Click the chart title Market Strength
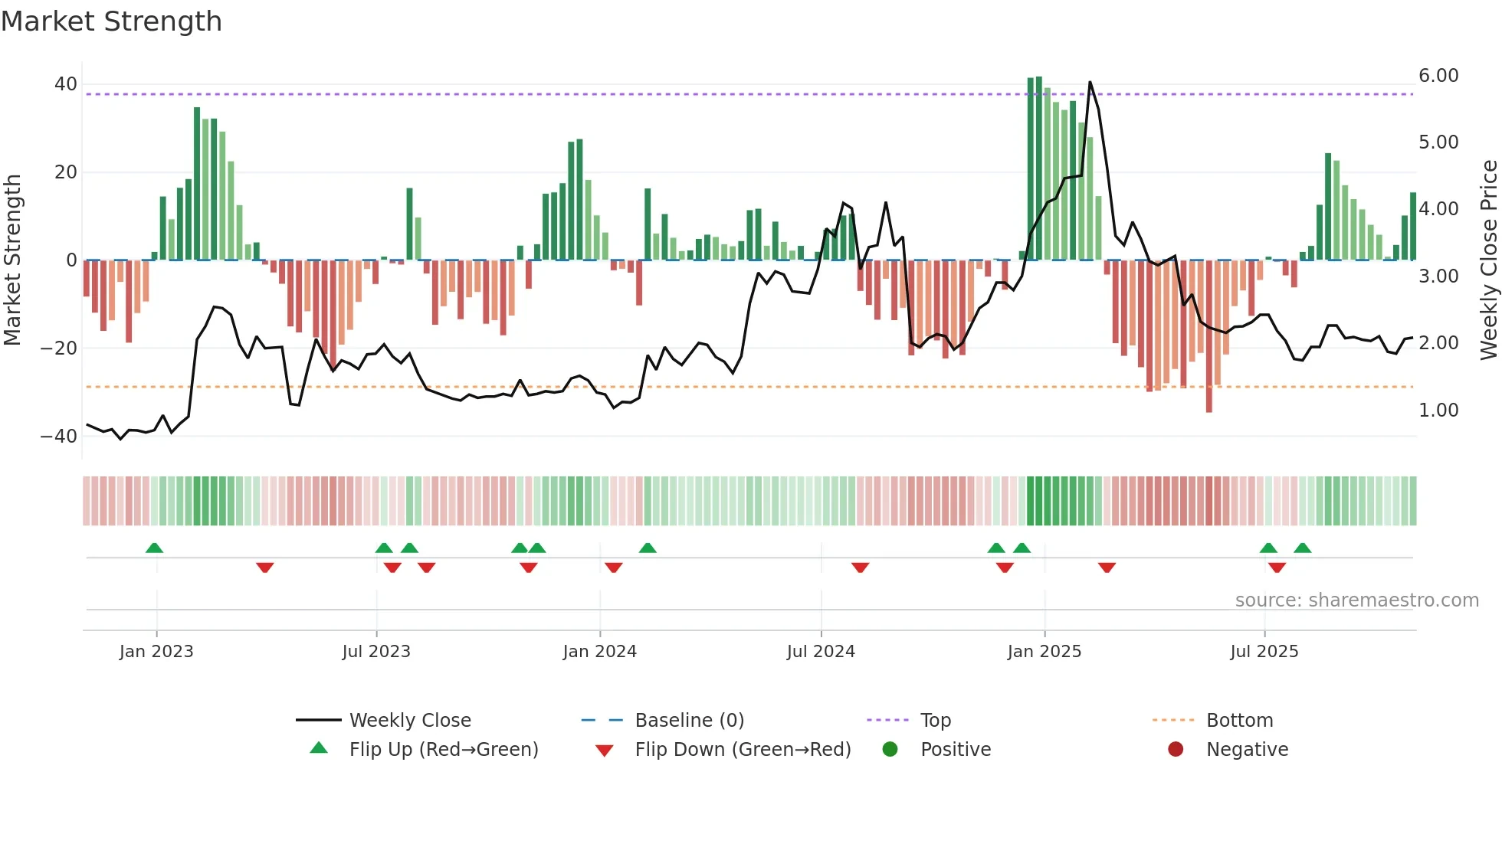coord(112,21)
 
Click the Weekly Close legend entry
coord(409,720)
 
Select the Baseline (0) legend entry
coord(689,720)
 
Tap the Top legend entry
coord(935,720)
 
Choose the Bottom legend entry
coord(1239,720)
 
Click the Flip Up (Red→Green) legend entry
coord(443,749)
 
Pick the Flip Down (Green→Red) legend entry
coord(743,749)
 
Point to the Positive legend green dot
coord(890,749)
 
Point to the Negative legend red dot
coord(1176,749)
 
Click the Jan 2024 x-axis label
coord(599,652)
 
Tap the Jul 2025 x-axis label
coord(1264,652)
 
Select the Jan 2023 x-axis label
coord(156,652)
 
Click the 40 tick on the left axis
coord(66,84)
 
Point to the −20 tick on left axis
coord(59,348)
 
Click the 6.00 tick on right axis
coord(1438,76)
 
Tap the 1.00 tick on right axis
coord(1438,411)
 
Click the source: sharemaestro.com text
coord(1356,600)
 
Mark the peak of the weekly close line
coord(1090,82)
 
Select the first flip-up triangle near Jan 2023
coord(154,548)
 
